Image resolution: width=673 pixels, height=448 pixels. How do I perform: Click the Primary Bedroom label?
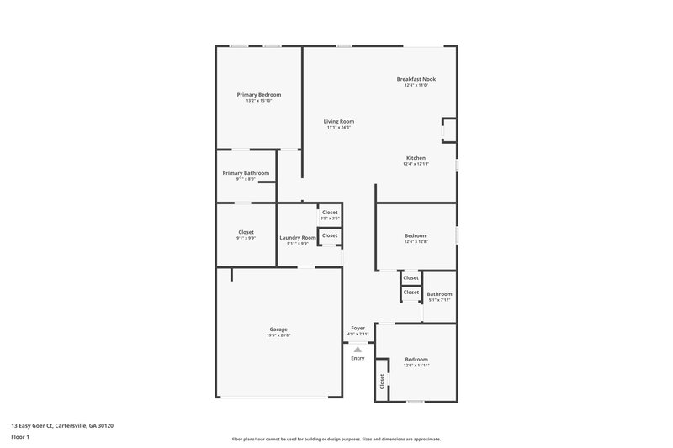click(258, 95)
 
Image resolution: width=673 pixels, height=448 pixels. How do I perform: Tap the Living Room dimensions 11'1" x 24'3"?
click(339, 128)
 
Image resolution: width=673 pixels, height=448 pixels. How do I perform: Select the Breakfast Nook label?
click(416, 79)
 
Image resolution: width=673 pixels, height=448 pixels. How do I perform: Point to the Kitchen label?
click(416, 158)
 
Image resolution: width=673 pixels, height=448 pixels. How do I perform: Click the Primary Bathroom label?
click(246, 173)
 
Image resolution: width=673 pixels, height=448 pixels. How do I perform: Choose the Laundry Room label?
click(298, 238)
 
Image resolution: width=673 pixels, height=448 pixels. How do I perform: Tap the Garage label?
click(278, 329)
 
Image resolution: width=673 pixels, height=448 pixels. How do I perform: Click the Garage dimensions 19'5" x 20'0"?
click(278, 335)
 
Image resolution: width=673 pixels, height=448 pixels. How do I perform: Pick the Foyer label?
click(358, 328)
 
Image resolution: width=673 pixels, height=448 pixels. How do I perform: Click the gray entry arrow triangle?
click(358, 348)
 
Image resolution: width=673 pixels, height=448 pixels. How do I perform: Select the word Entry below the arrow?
click(358, 358)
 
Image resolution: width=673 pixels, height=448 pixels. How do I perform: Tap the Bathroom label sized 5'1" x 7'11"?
click(439, 294)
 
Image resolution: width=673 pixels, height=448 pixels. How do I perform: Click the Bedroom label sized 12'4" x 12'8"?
click(416, 235)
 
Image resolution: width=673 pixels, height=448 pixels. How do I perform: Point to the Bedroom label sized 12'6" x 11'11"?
click(416, 359)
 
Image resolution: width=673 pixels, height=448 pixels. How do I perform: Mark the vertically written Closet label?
click(382, 381)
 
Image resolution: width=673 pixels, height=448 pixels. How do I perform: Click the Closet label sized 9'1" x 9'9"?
click(246, 232)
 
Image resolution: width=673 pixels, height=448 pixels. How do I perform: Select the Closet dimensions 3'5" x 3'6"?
click(330, 219)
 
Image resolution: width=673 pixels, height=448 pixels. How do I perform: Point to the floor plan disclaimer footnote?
click(336, 439)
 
